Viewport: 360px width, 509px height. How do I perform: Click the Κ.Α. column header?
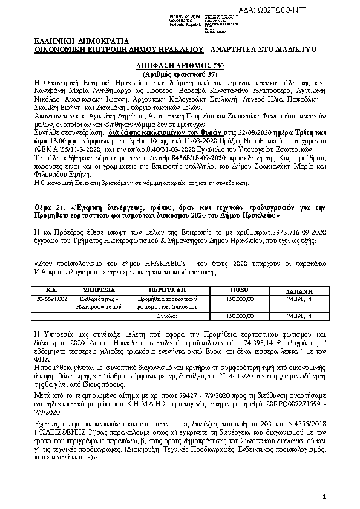pos(51,289)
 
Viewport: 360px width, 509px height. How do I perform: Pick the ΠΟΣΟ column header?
pos(239,289)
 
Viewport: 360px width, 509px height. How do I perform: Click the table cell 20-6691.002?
pos(51,299)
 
